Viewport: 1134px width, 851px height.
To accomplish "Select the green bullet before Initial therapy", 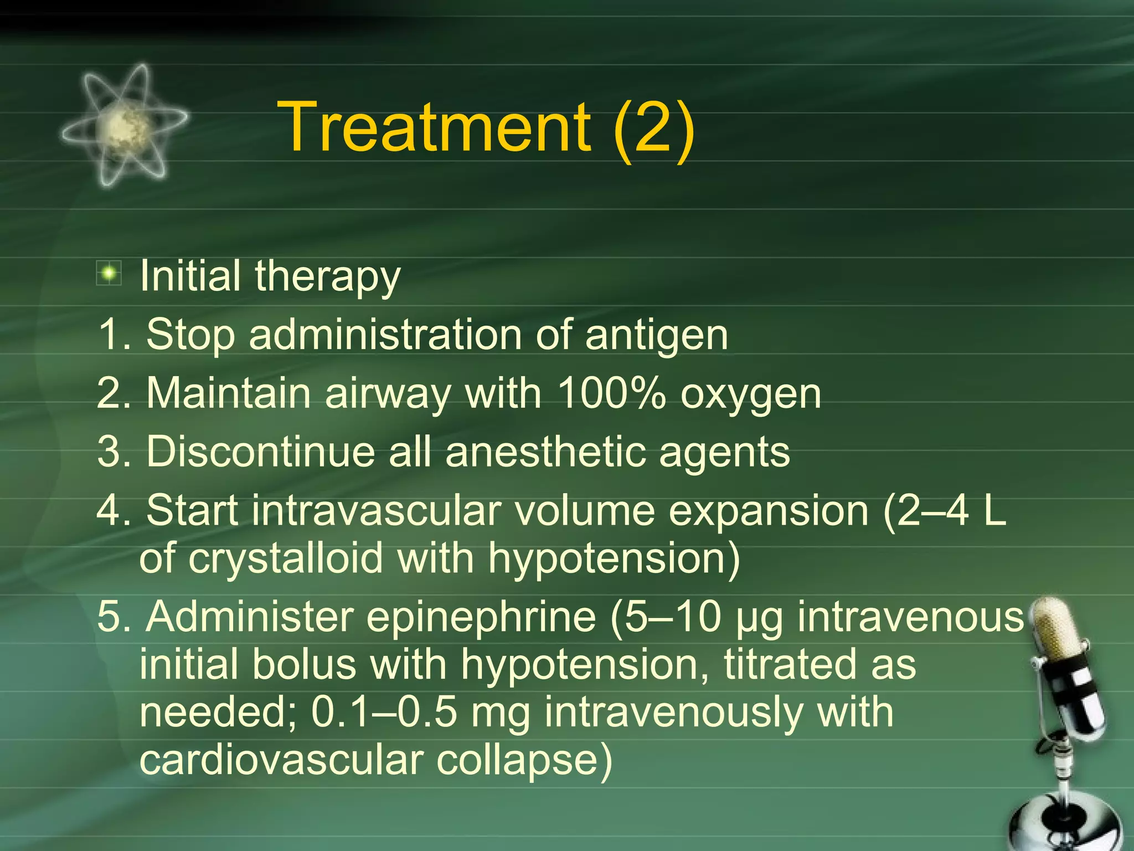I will pos(109,273).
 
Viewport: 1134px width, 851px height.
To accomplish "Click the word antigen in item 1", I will pos(656,336).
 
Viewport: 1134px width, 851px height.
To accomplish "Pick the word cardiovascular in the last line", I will pos(281,760).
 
